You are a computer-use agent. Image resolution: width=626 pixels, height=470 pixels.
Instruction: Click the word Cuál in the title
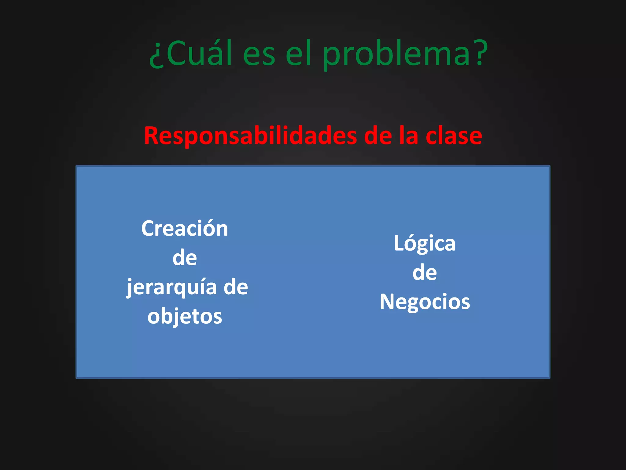pos(199,54)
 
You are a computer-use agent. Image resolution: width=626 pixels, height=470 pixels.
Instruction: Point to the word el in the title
pos(298,54)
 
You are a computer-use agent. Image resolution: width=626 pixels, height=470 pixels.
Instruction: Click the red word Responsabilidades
pos(250,136)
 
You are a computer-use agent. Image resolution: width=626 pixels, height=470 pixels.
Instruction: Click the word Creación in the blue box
pos(185,229)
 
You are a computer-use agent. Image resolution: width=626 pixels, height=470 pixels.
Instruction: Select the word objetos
pos(185,316)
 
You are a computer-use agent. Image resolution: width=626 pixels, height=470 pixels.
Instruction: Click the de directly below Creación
pos(185,258)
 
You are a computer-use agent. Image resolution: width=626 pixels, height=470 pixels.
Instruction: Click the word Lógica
pos(425,244)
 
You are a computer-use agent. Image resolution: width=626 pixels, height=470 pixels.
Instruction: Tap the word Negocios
pos(425,302)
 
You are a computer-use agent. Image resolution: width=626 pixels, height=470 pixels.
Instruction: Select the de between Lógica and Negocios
pos(425,273)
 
